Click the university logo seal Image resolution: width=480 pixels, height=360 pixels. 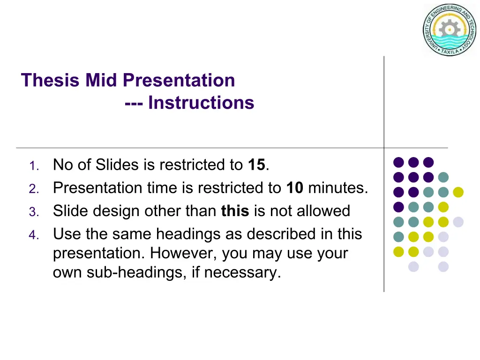(450, 30)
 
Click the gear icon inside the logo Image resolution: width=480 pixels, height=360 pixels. (450, 30)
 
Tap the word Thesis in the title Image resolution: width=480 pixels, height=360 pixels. (50, 80)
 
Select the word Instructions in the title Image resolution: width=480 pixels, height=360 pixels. (201, 103)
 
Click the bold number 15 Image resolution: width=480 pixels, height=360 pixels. (256, 165)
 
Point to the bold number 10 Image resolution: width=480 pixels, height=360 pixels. (295, 187)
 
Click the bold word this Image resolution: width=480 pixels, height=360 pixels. (235, 210)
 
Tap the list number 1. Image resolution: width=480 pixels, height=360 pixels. (34, 166)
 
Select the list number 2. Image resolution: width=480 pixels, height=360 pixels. (34, 189)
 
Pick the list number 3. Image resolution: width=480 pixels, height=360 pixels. (34, 212)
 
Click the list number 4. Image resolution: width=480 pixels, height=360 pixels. (34, 235)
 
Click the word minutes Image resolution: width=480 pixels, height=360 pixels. (338, 187)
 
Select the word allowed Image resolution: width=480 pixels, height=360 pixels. (323, 210)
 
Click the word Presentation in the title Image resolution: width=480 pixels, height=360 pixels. (179, 80)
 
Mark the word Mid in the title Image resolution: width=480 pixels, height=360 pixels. (101, 80)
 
